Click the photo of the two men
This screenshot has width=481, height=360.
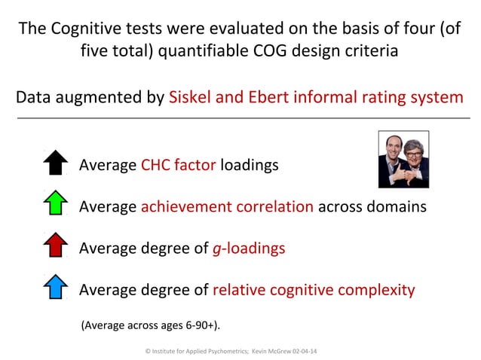click(x=403, y=159)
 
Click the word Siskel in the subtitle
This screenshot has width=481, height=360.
click(x=192, y=98)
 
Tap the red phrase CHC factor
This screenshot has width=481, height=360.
click(x=179, y=164)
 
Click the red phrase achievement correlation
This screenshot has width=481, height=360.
click(x=227, y=206)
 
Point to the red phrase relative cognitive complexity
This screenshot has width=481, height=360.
click(x=314, y=290)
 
